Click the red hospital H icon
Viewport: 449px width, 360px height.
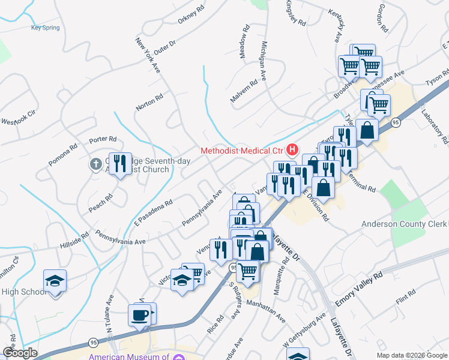pyautogui.click(x=292, y=149)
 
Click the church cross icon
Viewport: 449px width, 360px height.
pyautogui.click(x=96, y=164)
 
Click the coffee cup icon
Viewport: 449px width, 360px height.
pyautogui.click(x=140, y=315)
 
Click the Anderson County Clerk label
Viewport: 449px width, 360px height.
pyautogui.click(x=404, y=224)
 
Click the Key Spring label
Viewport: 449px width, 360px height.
pyautogui.click(x=46, y=28)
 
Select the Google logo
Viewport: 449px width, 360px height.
pyautogui.click(x=20, y=353)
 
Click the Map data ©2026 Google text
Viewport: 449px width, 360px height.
pyautogui.click(x=411, y=355)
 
